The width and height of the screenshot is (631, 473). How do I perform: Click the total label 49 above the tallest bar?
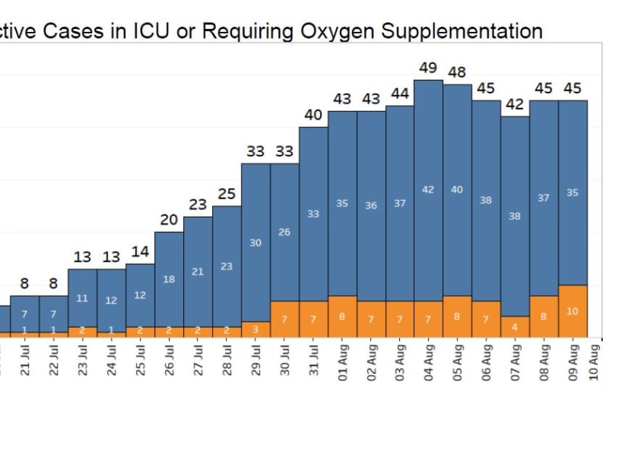(428, 68)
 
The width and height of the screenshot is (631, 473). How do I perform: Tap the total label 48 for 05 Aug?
(457, 72)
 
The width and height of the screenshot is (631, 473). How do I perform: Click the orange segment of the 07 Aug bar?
(515, 327)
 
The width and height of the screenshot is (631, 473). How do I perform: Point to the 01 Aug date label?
(343, 363)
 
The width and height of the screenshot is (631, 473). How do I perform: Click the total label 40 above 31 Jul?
(313, 116)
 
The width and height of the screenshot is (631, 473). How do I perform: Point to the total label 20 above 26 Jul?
(169, 221)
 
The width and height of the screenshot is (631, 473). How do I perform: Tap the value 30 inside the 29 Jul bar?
(255, 243)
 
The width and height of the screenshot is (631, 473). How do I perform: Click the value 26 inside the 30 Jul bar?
(284, 232)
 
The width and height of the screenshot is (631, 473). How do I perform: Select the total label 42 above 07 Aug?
(515, 105)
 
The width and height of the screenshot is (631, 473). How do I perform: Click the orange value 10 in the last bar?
(572, 311)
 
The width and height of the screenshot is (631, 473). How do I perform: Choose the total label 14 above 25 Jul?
(140, 252)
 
